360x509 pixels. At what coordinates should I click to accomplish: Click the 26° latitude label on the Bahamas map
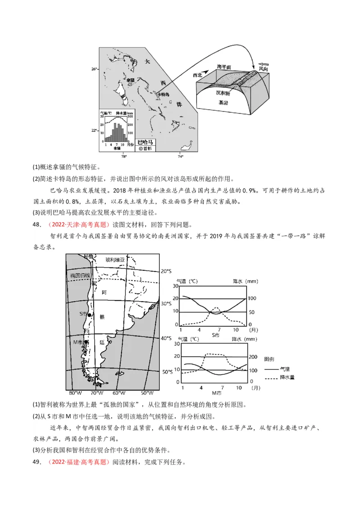[94, 69]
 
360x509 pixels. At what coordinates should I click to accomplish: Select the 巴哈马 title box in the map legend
[145, 141]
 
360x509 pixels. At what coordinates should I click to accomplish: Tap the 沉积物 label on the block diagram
[223, 93]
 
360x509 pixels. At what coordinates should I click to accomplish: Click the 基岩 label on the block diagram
[223, 103]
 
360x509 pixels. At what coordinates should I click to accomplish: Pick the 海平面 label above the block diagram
[224, 67]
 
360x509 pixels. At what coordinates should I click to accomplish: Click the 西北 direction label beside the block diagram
[198, 75]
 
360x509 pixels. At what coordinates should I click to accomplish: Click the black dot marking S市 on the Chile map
[90, 316]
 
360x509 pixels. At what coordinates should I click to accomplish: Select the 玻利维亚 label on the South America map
[115, 259]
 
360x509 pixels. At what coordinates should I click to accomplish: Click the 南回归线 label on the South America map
[80, 275]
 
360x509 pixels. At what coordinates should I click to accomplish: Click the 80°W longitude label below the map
[72, 393]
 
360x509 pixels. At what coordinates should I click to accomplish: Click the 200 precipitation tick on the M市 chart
[254, 357]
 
